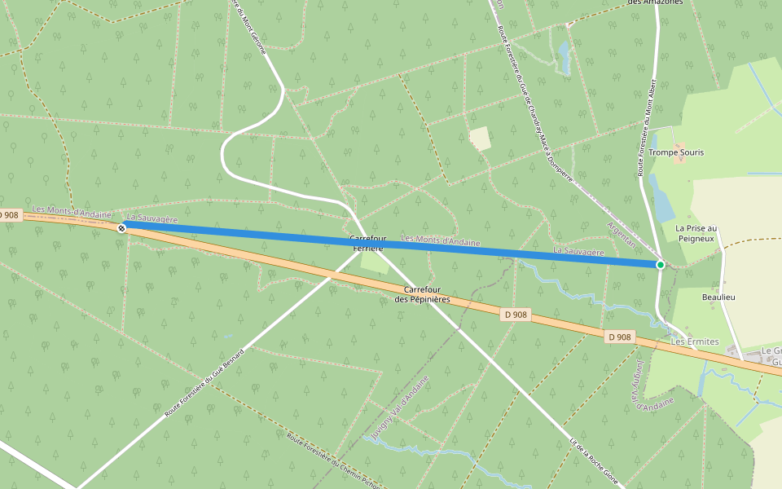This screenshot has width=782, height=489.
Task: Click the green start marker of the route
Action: [661, 265]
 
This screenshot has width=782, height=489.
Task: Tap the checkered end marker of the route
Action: [122, 228]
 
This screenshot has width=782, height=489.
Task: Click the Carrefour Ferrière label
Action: [367, 243]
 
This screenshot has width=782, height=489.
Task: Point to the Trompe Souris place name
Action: [677, 152]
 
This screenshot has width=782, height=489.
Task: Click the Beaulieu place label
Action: [718, 297]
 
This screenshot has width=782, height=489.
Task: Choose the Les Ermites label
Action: [695, 341]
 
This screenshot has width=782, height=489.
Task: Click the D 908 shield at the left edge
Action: [10, 215]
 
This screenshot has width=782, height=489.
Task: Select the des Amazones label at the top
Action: [655, 3]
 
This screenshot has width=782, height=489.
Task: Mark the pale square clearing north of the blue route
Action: [481, 139]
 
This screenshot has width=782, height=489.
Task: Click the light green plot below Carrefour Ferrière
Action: [374, 262]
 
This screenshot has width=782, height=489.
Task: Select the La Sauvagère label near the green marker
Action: [578, 252]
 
